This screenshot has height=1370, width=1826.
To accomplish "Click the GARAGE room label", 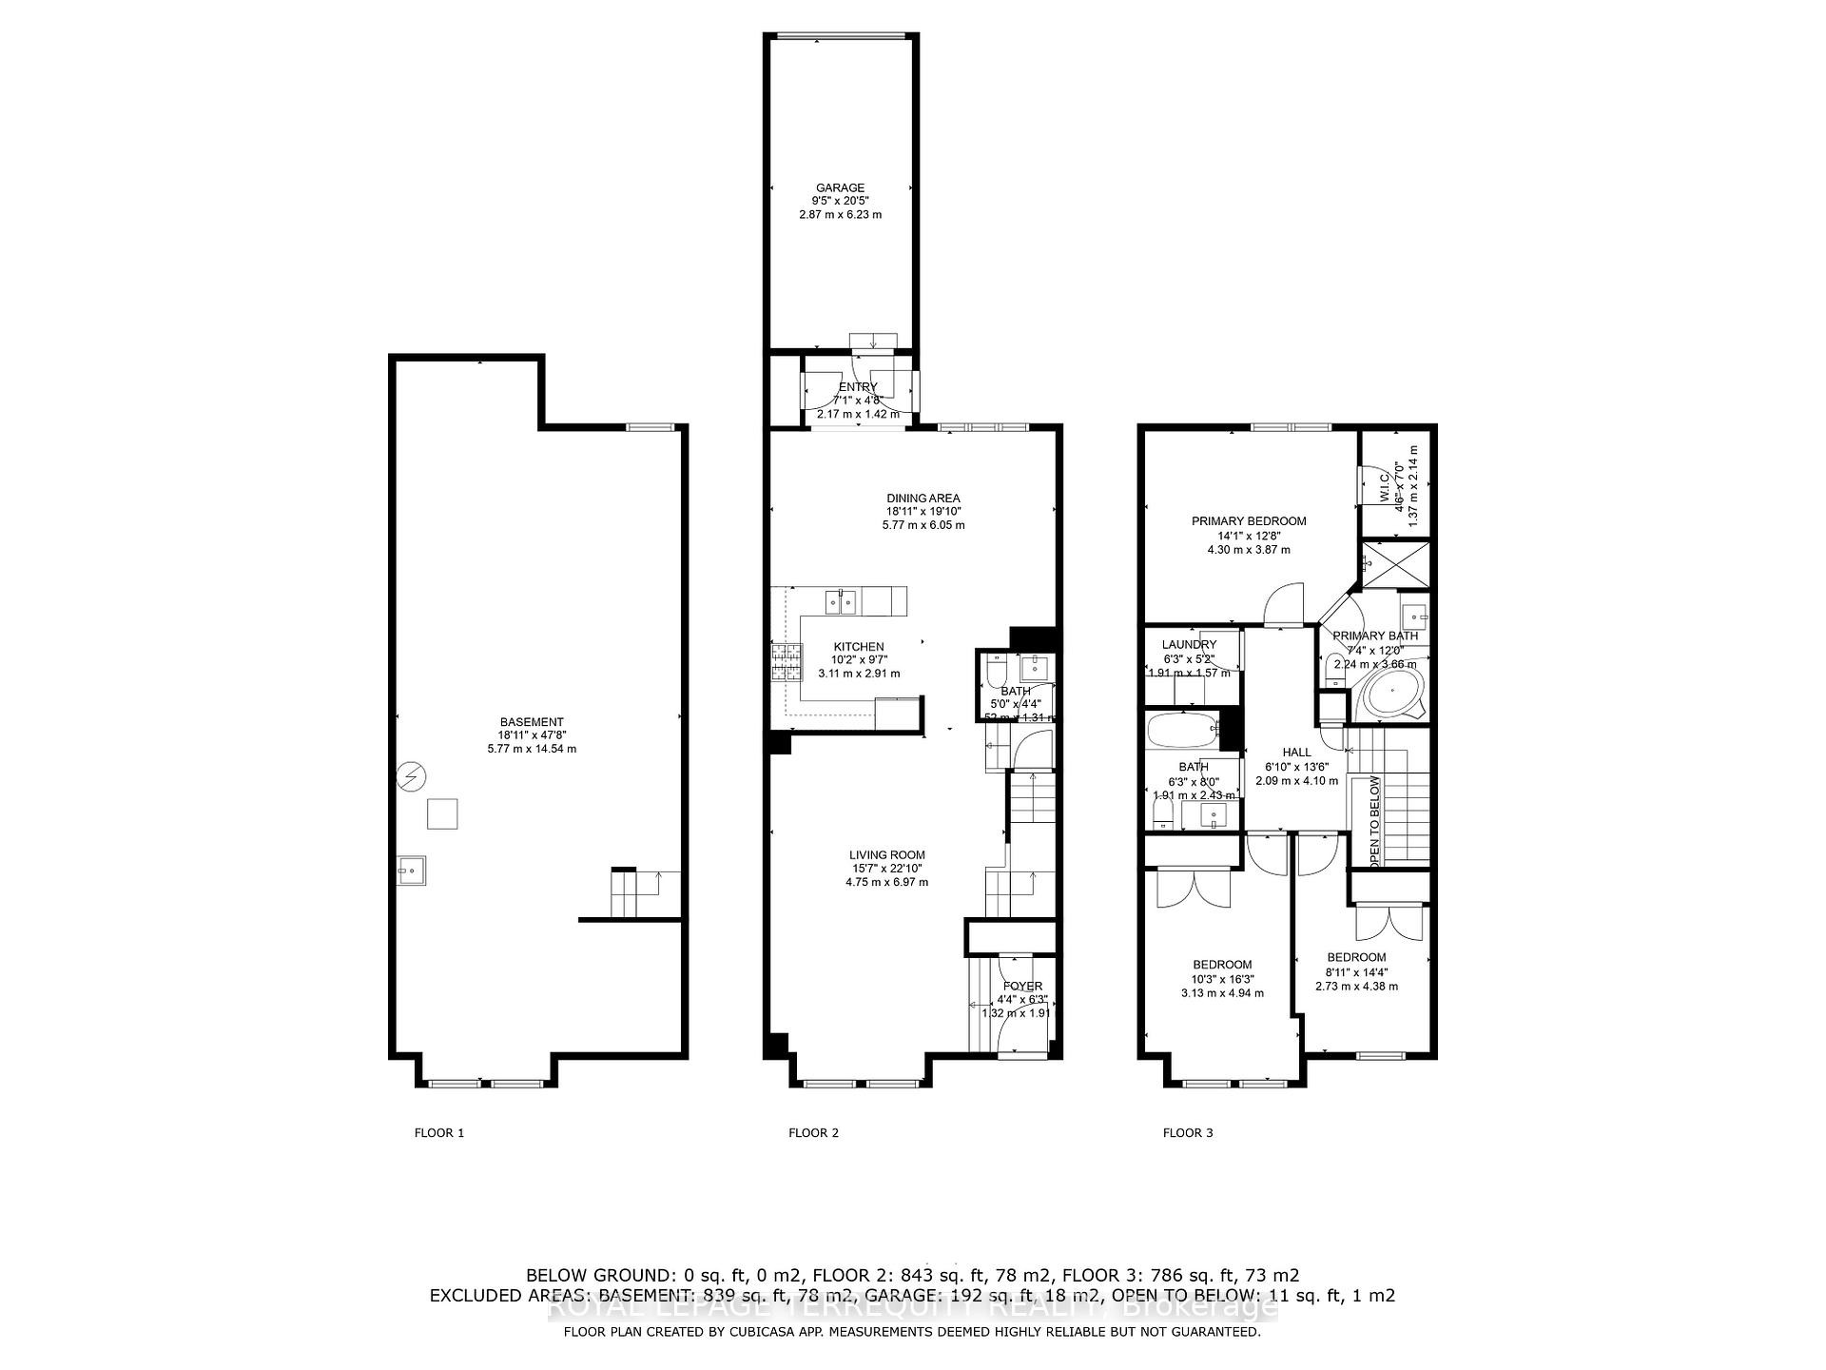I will (x=840, y=188).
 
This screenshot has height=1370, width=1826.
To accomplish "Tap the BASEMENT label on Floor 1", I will (x=532, y=722).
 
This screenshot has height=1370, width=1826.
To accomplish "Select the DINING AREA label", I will (x=923, y=499).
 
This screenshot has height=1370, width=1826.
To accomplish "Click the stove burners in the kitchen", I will (x=786, y=663).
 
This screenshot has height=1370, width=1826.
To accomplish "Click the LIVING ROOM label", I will (x=887, y=855).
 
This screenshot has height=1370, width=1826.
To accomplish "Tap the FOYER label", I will (x=1022, y=987).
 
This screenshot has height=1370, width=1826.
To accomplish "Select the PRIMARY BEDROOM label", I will (x=1249, y=521).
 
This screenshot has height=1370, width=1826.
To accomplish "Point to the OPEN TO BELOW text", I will (x=1374, y=821).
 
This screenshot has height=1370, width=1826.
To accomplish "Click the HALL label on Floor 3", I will (x=1296, y=753).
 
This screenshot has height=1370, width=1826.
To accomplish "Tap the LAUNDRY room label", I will (x=1189, y=645).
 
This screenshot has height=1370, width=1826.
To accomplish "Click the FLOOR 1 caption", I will (x=439, y=1133).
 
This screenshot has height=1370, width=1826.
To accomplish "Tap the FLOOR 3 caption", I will (x=1188, y=1133).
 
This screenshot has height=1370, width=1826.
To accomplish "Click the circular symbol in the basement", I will (x=411, y=778).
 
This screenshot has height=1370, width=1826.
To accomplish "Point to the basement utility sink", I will (x=412, y=870).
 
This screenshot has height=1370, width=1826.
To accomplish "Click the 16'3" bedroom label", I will (x=1222, y=965).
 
